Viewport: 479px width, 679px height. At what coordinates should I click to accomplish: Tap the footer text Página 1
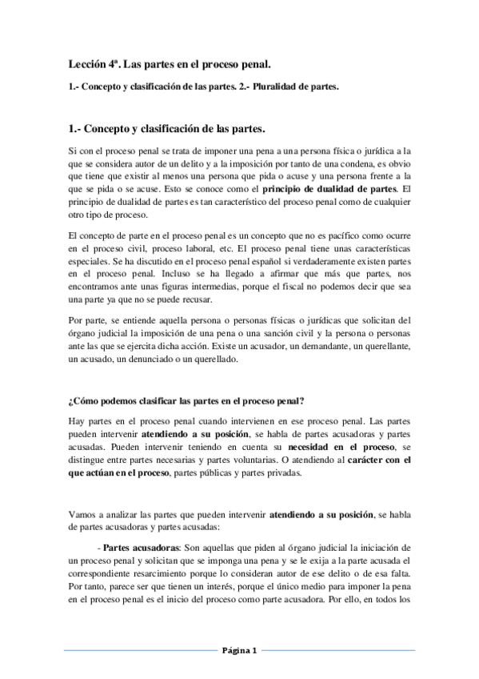pyautogui.click(x=239, y=649)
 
